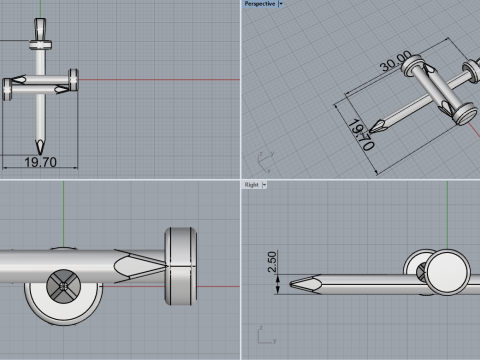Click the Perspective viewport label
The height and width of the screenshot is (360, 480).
[260, 4]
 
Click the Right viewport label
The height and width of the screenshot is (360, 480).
[252, 185]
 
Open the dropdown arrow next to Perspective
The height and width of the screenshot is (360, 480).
[281, 4]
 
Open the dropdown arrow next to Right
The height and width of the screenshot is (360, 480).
[264, 185]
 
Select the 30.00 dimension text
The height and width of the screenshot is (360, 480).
[396, 61]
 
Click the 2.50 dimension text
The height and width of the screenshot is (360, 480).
[272, 262]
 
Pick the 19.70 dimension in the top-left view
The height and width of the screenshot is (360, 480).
[40, 162]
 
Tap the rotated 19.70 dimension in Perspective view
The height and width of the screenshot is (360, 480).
[361, 135]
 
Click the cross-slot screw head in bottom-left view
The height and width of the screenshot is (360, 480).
[63, 286]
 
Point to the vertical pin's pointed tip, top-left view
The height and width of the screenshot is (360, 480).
[40, 154]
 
